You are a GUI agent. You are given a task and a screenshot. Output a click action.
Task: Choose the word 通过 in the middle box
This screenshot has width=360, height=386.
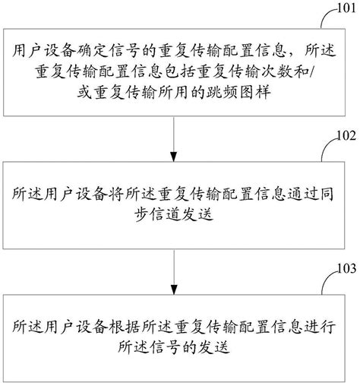pos(298,191)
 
